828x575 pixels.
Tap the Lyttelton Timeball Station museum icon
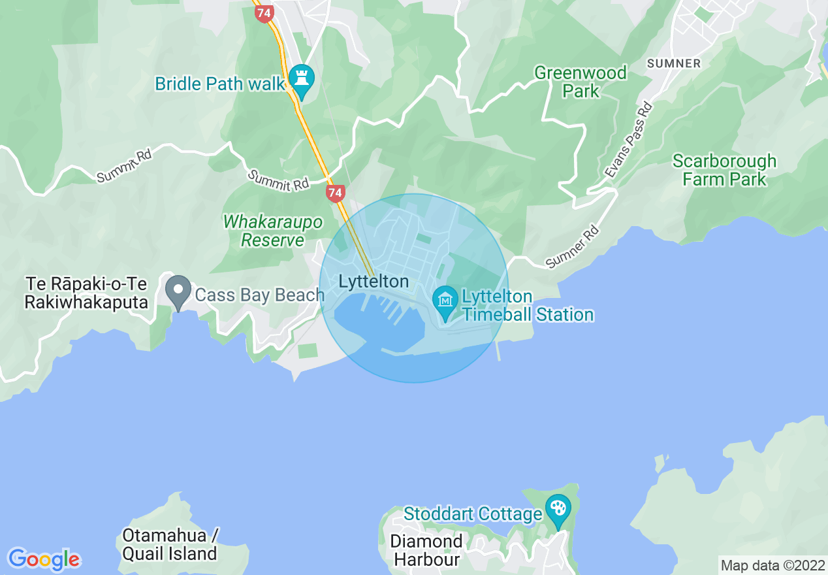click(445, 301)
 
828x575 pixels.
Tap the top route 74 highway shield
click(264, 13)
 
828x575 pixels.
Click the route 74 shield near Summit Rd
click(335, 193)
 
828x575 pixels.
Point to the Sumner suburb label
click(674, 63)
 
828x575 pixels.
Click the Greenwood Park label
click(581, 82)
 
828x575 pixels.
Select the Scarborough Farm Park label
click(724, 170)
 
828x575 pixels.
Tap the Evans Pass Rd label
click(628, 140)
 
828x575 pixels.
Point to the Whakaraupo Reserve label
click(273, 231)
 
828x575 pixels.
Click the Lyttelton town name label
click(374, 282)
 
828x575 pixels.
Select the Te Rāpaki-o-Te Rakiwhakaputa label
click(86, 293)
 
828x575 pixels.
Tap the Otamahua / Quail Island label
click(170, 544)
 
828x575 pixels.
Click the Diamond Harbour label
click(426, 550)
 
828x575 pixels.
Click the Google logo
click(44, 559)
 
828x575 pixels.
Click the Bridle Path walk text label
click(220, 84)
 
